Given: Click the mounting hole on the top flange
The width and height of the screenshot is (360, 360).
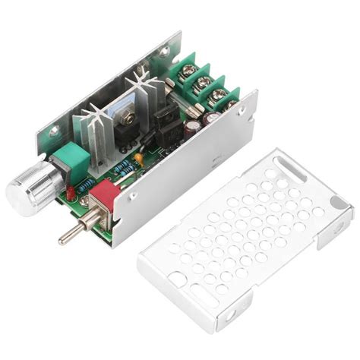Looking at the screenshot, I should click(x=163, y=51).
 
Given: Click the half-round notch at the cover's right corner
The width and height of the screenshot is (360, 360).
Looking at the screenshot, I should click(x=339, y=223).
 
